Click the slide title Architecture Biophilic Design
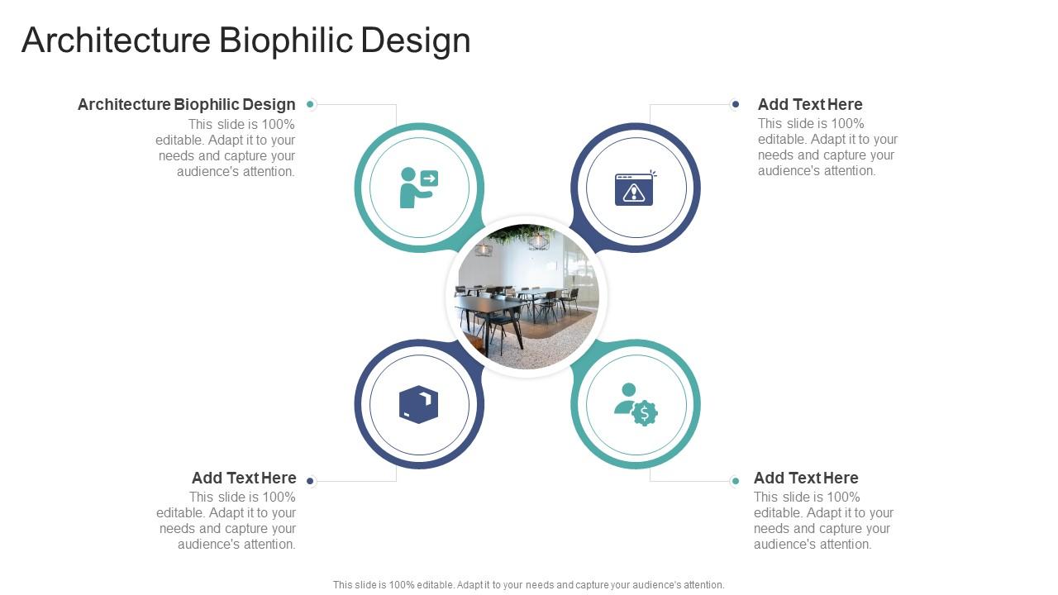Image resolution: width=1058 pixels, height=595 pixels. [x=245, y=40]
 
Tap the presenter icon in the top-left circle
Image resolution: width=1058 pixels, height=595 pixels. [x=418, y=188]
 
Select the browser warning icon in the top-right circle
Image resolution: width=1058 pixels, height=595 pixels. [x=634, y=188]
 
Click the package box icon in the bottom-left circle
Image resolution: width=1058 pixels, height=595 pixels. [x=418, y=404]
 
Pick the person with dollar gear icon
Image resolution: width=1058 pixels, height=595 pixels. [x=635, y=404]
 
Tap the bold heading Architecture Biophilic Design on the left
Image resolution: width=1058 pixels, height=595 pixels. [x=186, y=104]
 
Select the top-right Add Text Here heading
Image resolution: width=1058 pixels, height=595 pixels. [x=810, y=104]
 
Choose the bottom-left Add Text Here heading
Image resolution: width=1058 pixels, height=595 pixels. [x=244, y=478]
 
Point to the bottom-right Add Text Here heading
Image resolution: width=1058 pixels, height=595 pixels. [x=806, y=478]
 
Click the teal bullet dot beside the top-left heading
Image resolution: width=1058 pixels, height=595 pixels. [x=310, y=104]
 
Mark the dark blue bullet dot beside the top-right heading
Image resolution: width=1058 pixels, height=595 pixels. [x=735, y=104]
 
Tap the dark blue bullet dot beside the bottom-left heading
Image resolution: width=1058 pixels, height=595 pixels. [x=310, y=481]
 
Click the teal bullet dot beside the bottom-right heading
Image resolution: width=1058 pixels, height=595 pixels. [x=735, y=481]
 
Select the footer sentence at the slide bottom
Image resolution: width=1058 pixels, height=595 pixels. [x=528, y=584]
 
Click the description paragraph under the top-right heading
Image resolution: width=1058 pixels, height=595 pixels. [x=827, y=147]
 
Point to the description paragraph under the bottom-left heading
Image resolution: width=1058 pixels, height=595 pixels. [x=226, y=521]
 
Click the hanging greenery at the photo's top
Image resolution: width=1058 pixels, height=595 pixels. [x=521, y=235]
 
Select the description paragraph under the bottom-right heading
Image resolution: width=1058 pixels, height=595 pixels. [x=823, y=521]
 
